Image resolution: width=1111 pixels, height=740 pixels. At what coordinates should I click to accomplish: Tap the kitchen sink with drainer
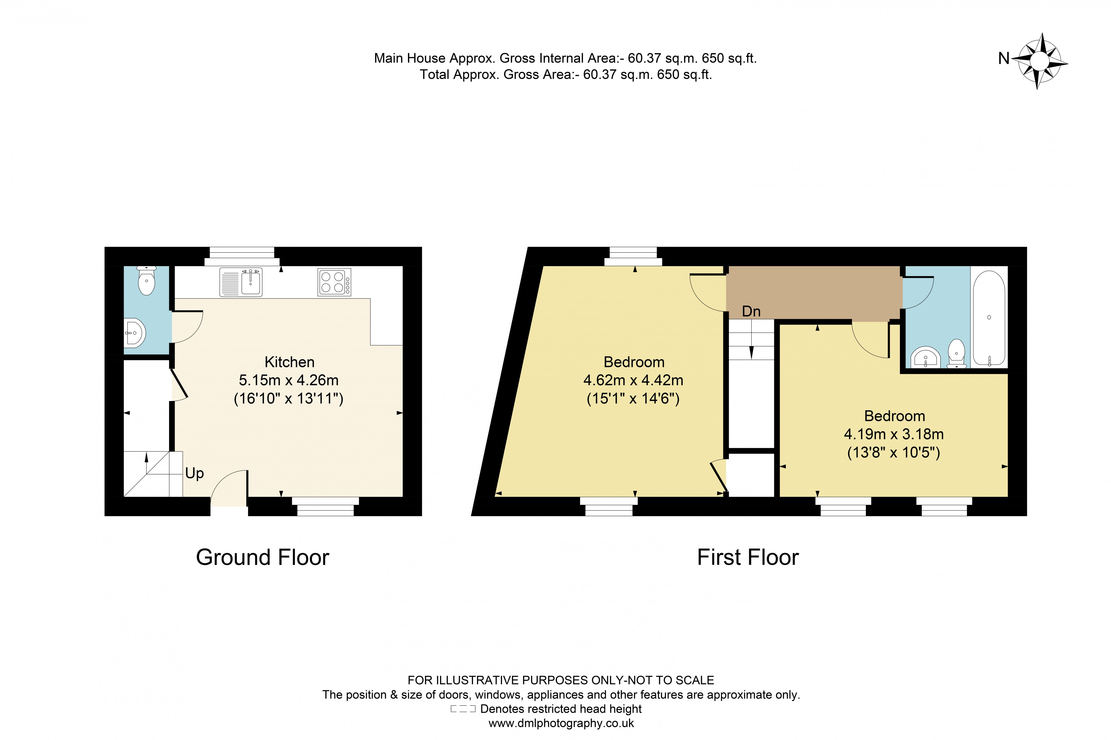[241, 282]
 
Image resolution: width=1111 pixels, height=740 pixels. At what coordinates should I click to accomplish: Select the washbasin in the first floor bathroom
[925, 358]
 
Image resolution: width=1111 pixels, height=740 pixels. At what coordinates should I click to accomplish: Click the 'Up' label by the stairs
[195, 473]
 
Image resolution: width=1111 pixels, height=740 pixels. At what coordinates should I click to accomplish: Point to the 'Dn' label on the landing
[751, 311]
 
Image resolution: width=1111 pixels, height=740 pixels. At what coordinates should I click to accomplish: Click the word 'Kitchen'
[289, 362]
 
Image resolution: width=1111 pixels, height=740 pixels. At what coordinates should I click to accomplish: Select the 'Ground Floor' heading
[262, 557]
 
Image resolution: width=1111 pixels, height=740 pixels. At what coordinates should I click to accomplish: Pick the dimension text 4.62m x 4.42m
[633, 380]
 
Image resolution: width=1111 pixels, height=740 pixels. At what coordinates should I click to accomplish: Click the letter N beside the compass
[1003, 59]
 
